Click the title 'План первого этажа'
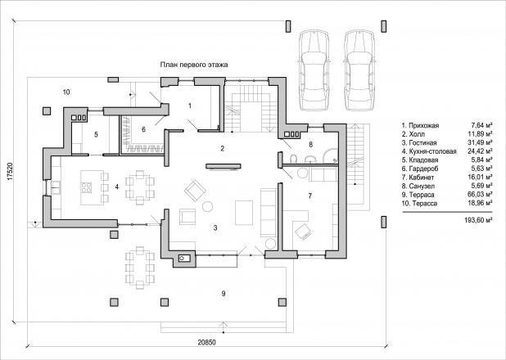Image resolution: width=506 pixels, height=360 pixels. [x=194, y=65]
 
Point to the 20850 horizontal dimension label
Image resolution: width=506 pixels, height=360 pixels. [x=206, y=343]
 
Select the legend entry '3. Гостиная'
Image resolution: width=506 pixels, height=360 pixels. [x=419, y=143]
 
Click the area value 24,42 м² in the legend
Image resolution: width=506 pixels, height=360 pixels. [x=480, y=151]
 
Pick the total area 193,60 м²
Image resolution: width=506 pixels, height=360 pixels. [x=478, y=220]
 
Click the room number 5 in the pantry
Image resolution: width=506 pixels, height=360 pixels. [x=96, y=134]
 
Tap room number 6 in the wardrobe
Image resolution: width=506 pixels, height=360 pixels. [x=143, y=129]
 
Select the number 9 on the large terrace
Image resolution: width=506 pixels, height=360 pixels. [x=224, y=294]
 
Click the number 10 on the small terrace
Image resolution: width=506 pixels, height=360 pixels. [x=66, y=92]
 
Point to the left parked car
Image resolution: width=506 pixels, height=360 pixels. [x=314, y=70]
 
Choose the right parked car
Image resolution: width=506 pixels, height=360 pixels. [x=359, y=70]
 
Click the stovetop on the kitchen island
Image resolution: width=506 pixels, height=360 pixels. [x=87, y=187]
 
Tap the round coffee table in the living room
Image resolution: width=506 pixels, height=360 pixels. [x=207, y=206]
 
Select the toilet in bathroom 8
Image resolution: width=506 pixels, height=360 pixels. [x=294, y=159]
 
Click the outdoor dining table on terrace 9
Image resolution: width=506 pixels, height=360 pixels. [x=140, y=268]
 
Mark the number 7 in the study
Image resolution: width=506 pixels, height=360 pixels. [x=310, y=196]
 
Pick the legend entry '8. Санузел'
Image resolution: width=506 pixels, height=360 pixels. [x=418, y=187]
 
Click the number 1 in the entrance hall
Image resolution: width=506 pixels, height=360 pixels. [x=190, y=106]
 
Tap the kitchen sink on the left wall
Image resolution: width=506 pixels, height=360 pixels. [x=56, y=187]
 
